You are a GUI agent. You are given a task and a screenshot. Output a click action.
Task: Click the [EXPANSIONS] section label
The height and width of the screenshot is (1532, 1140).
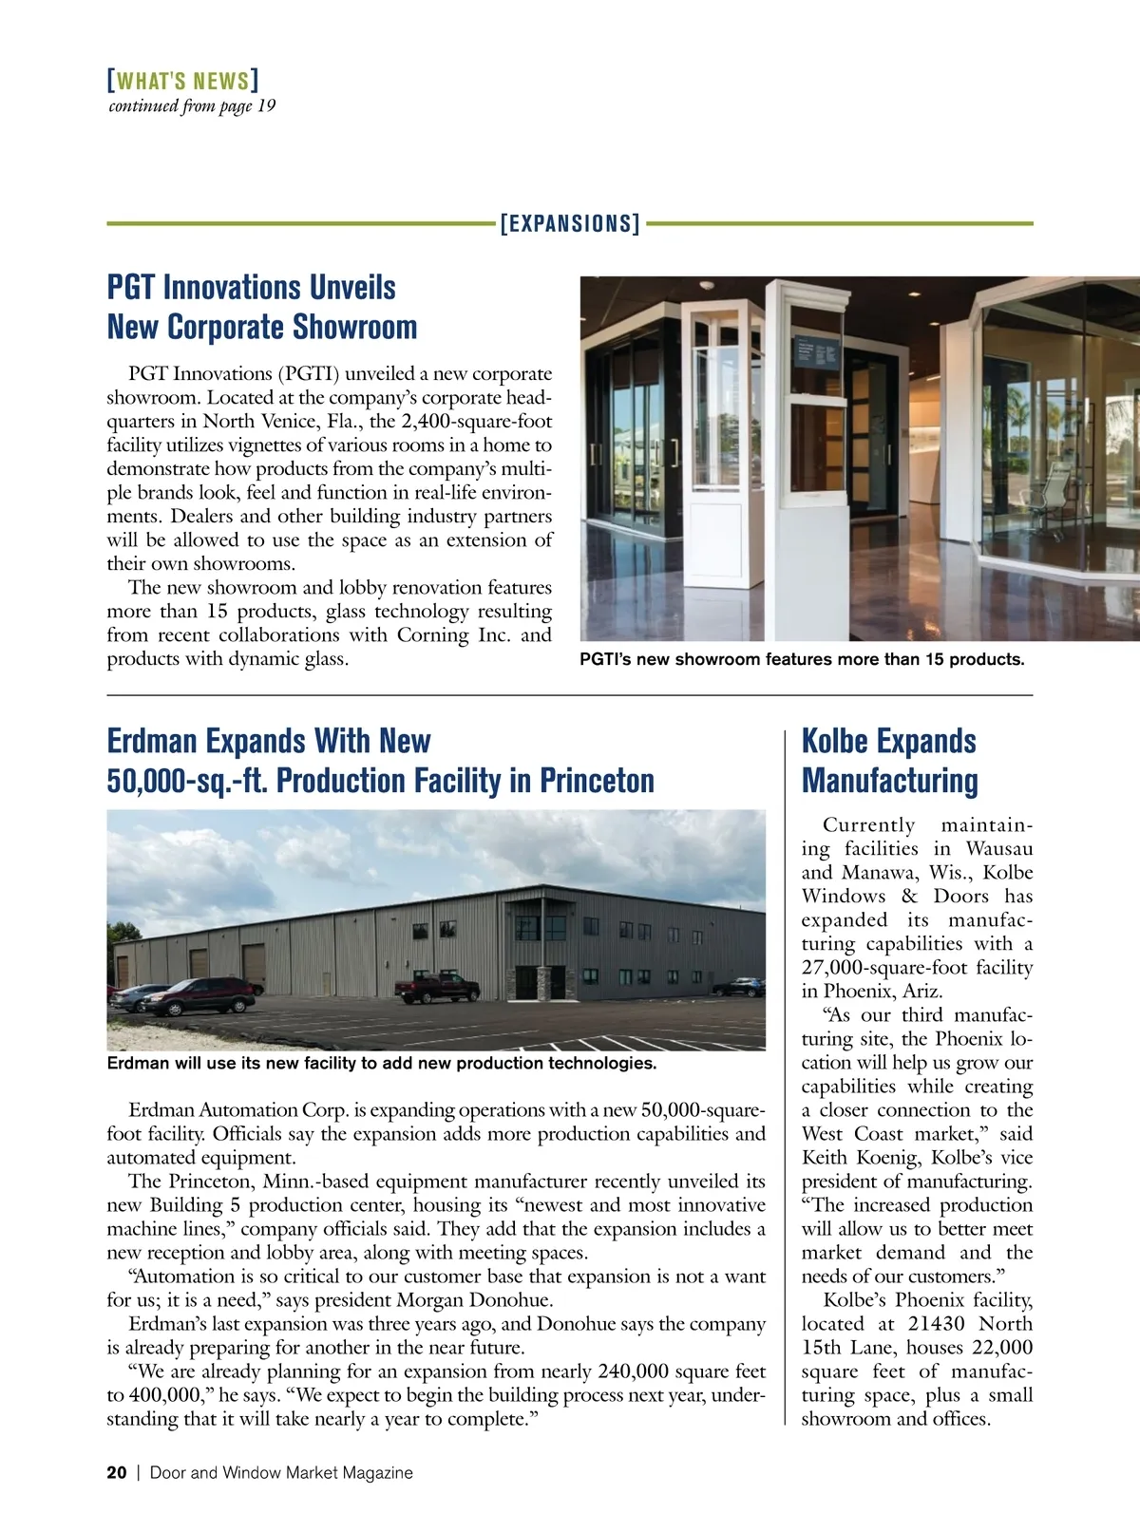570,224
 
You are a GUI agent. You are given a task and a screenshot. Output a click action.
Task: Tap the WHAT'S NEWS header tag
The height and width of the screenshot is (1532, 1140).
182,80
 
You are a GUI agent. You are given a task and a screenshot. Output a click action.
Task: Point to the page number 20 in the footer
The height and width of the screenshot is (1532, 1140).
116,1473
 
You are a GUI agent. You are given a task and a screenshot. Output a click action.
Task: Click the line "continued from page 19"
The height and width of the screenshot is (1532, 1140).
192,105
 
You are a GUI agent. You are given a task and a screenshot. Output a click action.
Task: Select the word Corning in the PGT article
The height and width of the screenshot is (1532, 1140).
432,635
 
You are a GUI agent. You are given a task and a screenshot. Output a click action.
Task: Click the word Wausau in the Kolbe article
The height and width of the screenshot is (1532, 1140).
998,849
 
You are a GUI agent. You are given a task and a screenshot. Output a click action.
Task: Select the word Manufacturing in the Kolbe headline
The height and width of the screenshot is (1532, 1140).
889,781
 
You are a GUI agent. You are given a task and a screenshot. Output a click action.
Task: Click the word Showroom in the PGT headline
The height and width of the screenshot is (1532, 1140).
354,327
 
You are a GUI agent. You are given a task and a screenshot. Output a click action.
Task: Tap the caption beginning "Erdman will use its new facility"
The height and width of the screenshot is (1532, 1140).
381,1064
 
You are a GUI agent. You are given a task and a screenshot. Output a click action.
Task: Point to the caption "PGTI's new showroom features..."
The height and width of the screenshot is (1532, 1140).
802,659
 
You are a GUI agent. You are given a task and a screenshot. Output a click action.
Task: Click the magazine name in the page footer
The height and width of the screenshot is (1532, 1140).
281,1473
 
